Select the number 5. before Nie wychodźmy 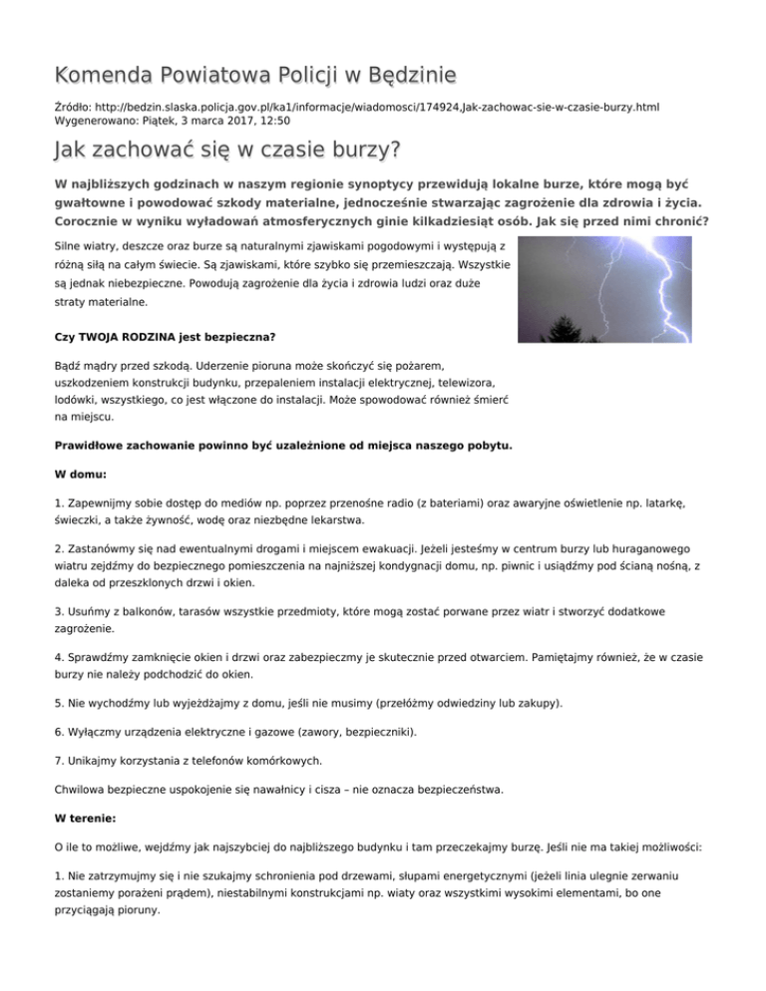(x=58, y=703)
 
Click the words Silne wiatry (x=86, y=245)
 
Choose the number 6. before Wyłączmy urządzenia (x=58, y=731)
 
